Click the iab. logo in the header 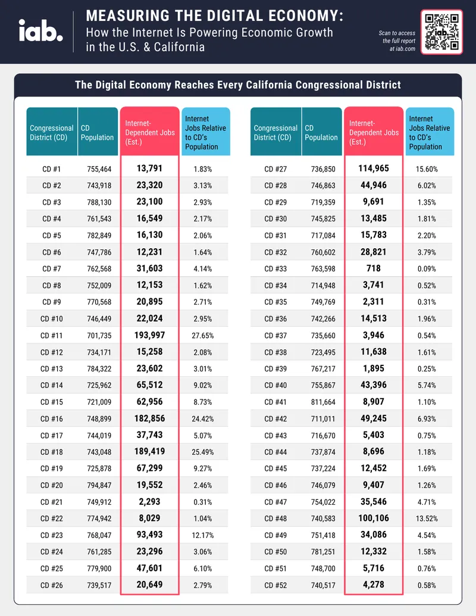click(x=41, y=30)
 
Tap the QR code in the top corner click(x=442, y=32)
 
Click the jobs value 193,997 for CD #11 click(x=149, y=335)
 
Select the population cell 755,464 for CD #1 click(x=99, y=169)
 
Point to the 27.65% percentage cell click(x=203, y=336)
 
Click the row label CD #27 click(x=275, y=169)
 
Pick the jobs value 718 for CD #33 click(x=374, y=268)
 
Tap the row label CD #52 click(x=275, y=585)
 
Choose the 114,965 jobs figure click(x=374, y=168)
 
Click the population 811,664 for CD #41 click(x=323, y=402)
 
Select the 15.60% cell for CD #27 click(x=427, y=169)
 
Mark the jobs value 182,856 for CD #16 click(x=149, y=418)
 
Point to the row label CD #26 click(x=51, y=585)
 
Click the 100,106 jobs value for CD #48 click(x=374, y=518)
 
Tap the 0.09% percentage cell click(x=427, y=268)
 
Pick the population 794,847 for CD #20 click(x=99, y=485)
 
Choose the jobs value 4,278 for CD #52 click(x=374, y=584)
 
